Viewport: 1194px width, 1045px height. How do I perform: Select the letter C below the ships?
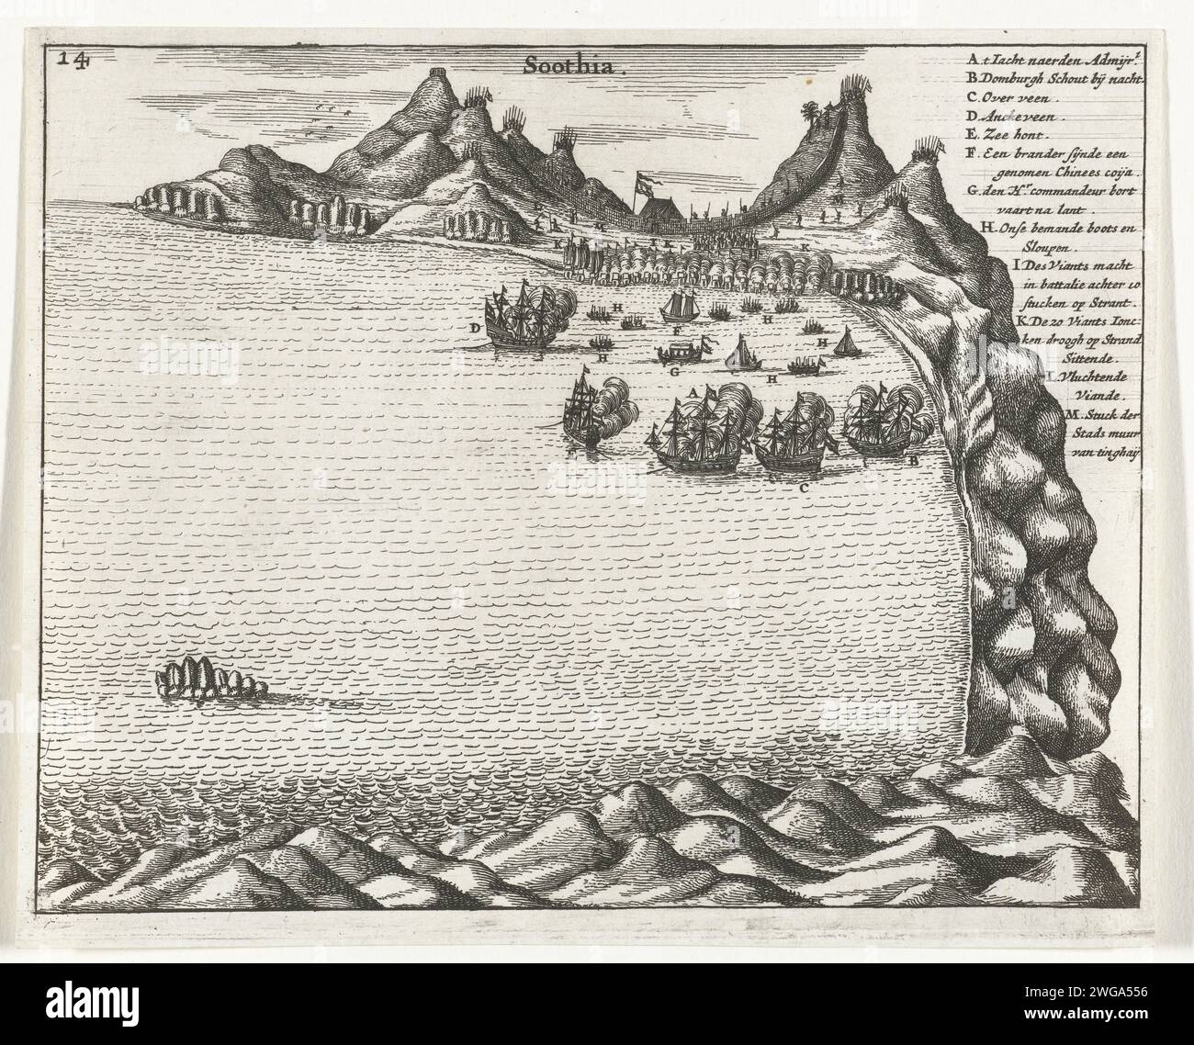click(803, 488)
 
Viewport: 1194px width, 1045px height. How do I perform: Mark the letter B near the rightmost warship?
click(913, 461)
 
